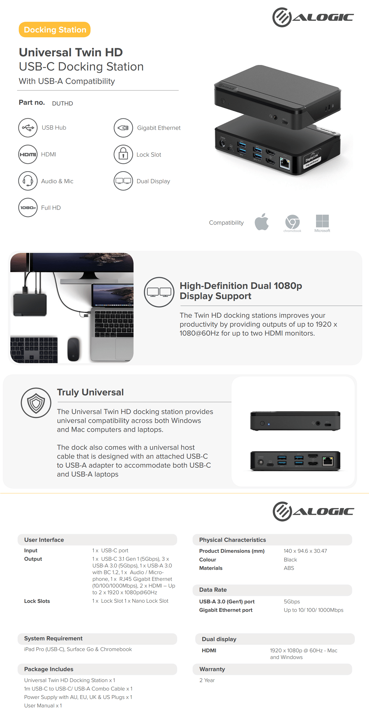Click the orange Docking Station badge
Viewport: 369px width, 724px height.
pos(55,29)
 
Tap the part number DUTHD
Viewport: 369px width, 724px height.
pos(62,103)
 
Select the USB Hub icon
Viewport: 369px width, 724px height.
pos(28,128)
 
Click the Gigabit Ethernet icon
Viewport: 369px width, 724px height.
pos(123,128)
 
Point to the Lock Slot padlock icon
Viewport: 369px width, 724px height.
pos(123,155)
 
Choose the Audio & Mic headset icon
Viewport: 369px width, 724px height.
pos(28,181)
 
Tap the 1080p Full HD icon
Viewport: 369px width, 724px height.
pos(28,208)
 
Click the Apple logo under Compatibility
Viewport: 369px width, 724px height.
pos(262,222)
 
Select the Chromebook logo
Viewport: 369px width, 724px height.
pos(292,222)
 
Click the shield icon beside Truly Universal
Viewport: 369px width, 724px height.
pos(36,403)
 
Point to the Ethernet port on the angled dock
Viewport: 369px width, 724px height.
pos(285,164)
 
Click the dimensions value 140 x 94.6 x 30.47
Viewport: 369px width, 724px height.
pos(305,551)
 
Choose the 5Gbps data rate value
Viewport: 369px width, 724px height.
pos(292,602)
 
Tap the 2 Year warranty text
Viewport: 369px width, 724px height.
pos(207,680)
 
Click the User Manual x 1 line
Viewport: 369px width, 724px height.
pos(43,706)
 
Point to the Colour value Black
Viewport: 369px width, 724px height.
pos(290,559)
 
